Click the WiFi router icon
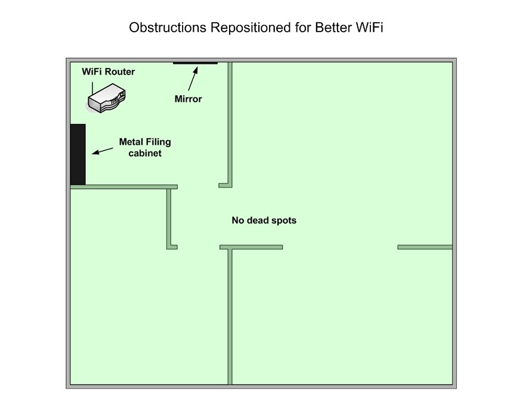coord(107,98)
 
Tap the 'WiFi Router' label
coord(109,72)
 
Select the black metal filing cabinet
coord(78,154)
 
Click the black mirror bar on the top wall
coord(195,63)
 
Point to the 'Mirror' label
coord(188,99)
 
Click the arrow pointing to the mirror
coord(193,79)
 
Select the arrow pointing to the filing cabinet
coord(103,151)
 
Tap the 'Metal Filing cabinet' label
coord(145,147)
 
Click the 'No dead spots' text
coord(264,221)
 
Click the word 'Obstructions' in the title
coord(168,27)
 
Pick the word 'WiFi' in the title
coord(369,27)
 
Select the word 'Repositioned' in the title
coord(251,28)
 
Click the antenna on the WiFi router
coord(92,88)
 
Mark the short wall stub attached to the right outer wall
coord(425,247)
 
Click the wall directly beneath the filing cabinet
coord(124,187)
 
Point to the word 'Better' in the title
coord(333,27)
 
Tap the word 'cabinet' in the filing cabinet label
coord(145,153)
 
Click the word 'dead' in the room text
coord(256,221)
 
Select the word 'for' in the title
coord(303,27)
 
